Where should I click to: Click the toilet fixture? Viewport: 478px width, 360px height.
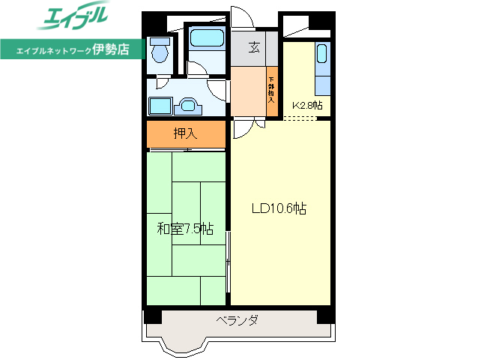pyautogui.click(x=158, y=51)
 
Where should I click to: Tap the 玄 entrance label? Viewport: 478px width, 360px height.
pyautogui.click(x=255, y=48)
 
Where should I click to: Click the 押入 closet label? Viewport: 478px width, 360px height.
pyautogui.click(x=185, y=134)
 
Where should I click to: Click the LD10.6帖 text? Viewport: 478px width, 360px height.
pyautogui.click(x=278, y=209)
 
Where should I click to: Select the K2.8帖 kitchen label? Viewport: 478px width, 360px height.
pyautogui.click(x=307, y=106)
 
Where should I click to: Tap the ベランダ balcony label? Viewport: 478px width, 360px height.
pyautogui.click(x=238, y=321)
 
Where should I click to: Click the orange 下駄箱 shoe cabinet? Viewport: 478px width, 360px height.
pyautogui.click(x=272, y=91)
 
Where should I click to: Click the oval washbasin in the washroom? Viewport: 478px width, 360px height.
pyautogui.click(x=186, y=105)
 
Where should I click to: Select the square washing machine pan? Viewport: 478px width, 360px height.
pyautogui.click(x=160, y=105)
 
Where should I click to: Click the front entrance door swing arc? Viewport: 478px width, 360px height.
pyautogui.click(x=242, y=16)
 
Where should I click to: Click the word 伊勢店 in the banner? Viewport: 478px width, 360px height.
pyautogui.click(x=111, y=50)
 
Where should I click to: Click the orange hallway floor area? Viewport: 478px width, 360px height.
pyautogui.click(x=248, y=91)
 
